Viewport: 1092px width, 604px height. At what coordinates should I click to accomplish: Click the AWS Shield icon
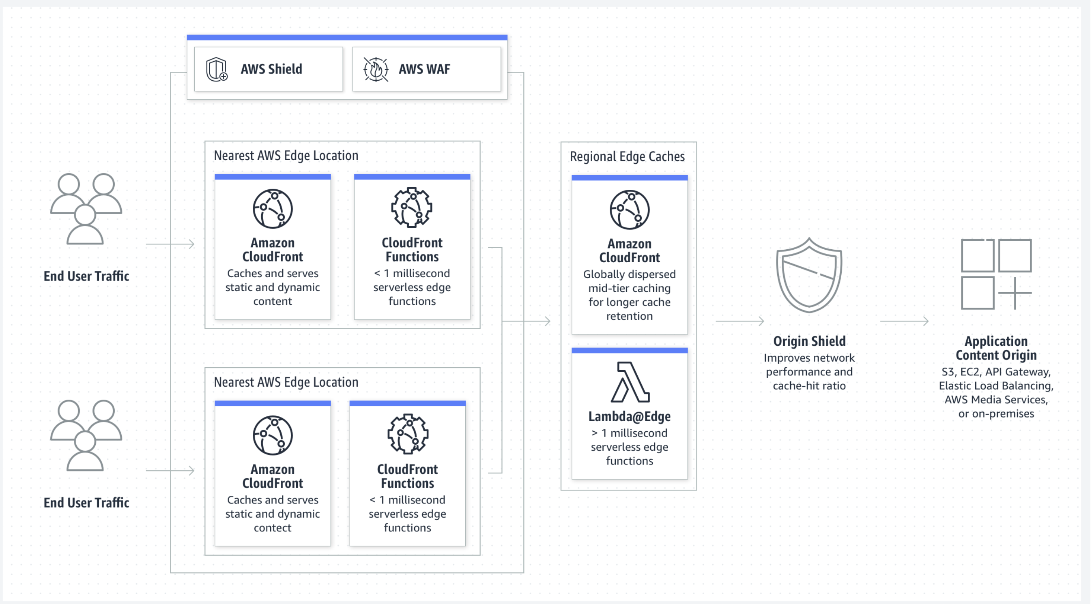217,69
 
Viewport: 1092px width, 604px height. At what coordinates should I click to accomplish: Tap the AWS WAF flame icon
376,69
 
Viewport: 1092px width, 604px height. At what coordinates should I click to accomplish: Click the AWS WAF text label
424,69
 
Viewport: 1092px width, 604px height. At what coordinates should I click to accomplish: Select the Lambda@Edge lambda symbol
630,382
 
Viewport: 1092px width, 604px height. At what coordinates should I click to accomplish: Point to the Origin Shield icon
809,275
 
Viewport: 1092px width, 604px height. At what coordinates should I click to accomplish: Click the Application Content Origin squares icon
996,274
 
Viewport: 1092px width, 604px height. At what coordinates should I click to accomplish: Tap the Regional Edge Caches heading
627,157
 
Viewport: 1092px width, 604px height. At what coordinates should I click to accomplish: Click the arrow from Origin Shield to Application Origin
904,321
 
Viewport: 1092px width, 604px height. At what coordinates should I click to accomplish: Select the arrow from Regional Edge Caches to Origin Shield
740,321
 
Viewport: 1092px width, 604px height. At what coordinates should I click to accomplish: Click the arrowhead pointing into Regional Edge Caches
548,321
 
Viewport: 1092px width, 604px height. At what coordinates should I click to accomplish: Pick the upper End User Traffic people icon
86,208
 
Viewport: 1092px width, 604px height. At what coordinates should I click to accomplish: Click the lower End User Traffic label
86,503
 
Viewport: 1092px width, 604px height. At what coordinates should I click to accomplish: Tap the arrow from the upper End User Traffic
170,244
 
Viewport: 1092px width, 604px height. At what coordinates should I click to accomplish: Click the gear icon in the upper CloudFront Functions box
412,208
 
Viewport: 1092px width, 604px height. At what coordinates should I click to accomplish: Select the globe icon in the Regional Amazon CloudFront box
630,210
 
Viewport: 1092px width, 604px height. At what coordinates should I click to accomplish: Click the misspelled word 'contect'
273,528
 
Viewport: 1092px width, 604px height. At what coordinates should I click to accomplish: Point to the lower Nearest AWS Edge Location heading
286,382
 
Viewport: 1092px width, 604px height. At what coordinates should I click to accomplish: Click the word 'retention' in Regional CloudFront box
630,316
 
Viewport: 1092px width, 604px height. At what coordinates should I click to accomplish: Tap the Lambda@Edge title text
630,417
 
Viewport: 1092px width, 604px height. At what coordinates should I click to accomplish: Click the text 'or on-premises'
996,414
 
